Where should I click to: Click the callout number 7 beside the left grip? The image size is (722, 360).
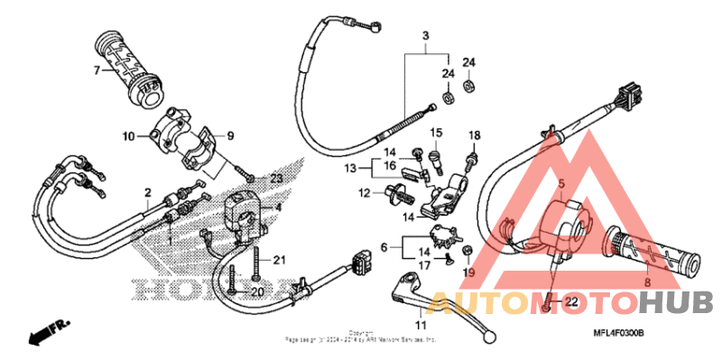click(x=94, y=69)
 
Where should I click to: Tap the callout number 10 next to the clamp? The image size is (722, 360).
click(x=129, y=136)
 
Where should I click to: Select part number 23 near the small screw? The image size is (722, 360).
click(x=251, y=177)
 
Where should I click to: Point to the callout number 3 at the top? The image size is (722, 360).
click(x=423, y=37)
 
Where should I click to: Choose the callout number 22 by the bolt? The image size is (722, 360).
click(x=570, y=300)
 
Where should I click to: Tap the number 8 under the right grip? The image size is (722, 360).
click(x=645, y=282)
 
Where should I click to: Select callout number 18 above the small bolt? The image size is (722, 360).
click(x=473, y=135)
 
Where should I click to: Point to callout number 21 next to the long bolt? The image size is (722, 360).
click(x=280, y=261)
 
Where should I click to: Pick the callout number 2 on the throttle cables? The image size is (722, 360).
click(x=147, y=192)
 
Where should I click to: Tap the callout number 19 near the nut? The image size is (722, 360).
click(x=468, y=272)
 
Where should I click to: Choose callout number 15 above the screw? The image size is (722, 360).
click(x=435, y=134)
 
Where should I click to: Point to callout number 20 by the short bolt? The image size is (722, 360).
click(x=256, y=292)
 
